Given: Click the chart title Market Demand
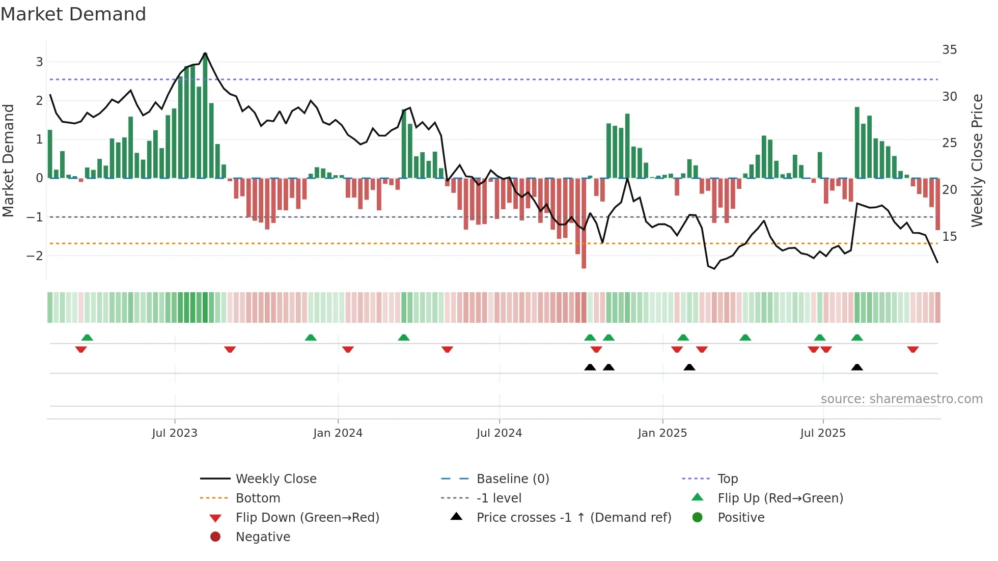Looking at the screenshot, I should point(73,14).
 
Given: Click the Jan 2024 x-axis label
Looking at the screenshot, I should point(338,433).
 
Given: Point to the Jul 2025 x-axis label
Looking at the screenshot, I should point(822,433).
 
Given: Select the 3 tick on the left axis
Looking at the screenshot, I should point(39,62).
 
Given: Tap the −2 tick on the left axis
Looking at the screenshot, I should point(35,256).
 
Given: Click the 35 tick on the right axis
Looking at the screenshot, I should point(949,50).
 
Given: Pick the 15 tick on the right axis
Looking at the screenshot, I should point(949,237).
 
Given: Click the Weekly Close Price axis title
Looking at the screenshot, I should point(977,160).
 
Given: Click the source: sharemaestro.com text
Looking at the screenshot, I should point(901,399).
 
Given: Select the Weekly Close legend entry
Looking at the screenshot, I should point(275,479).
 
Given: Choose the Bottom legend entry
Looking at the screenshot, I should point(258,498).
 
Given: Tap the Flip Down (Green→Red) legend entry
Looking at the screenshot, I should point(307,518).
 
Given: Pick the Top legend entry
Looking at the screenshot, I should point(727,479).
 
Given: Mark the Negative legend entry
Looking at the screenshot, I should point(263,537).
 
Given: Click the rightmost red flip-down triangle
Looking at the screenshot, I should point(912,350).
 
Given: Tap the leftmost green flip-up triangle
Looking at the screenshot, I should point(87,337).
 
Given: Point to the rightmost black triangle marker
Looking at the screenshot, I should point(857,367).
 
